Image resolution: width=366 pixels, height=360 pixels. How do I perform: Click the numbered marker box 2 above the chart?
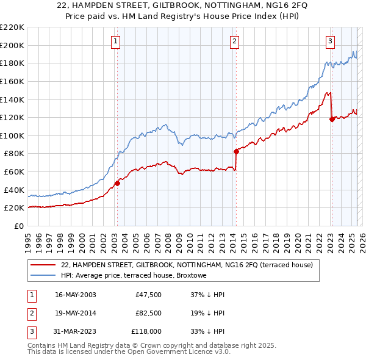[235, 41]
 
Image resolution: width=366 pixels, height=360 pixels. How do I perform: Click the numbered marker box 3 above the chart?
[330, 41]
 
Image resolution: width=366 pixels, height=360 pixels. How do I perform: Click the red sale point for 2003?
[117, 183]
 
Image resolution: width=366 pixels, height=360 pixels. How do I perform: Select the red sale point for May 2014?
[235, 151]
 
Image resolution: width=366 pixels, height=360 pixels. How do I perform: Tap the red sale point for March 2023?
[331, 119]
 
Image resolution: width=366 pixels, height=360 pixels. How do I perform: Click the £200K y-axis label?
[13, 45]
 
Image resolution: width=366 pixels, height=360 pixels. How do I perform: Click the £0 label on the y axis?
[19, 226]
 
